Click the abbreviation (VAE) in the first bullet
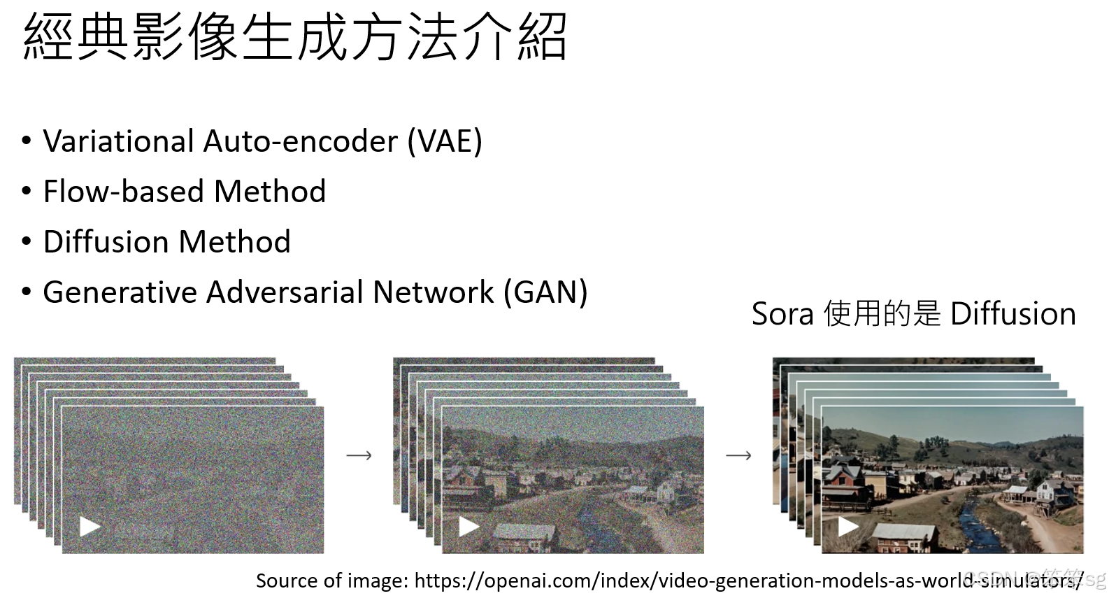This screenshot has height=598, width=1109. tap(445, 141)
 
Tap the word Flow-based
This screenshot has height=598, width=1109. tap(122, 192)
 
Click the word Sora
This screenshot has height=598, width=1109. tap(782, 314)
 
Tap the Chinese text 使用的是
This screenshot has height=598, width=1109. tap(882, 314)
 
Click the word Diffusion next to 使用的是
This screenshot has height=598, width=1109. tap(1013, 314)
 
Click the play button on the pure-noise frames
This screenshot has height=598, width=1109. tap(90, 526)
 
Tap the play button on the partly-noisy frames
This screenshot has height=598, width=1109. tap(468, 526)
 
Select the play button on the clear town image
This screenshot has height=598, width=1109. tap(848, 526)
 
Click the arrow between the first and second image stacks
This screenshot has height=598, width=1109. tap(359, 455)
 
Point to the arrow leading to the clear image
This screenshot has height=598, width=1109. tap(738, 455)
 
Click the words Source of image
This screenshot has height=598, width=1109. tap(331, 581)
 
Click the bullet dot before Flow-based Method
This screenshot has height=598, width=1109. tap(27, 192)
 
